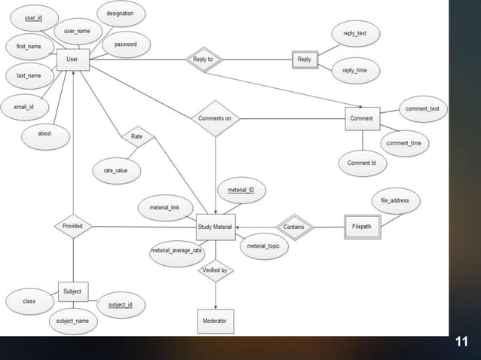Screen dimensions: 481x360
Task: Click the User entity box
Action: click(x=72, y=58)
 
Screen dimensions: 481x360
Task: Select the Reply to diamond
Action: click(x=203, y=59)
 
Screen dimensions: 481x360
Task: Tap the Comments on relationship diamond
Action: click(x=215, y=118)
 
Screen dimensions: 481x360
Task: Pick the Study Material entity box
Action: click(x=216, y=227)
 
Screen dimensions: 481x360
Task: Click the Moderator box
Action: click(x=216, y=321)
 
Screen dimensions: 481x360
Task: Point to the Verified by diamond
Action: click(x=215, y=270)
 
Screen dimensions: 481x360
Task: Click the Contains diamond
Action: click(x=294, y=227)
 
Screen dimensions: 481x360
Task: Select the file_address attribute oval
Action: click(x=395, y=200)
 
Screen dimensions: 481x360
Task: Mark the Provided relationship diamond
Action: click(x=73, y=226)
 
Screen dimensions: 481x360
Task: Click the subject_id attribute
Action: click(x=120, y=304)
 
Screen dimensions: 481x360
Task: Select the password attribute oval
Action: click(x=125, y=44)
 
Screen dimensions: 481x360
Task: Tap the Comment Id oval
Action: click(x=362, y=163)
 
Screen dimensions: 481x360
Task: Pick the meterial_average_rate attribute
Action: click(x=176, y=250)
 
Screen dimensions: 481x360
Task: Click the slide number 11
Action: click(x=462, y=343)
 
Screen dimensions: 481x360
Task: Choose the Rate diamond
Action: click(x=136, y=137)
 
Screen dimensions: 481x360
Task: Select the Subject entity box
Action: click(x=73, y=291)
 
